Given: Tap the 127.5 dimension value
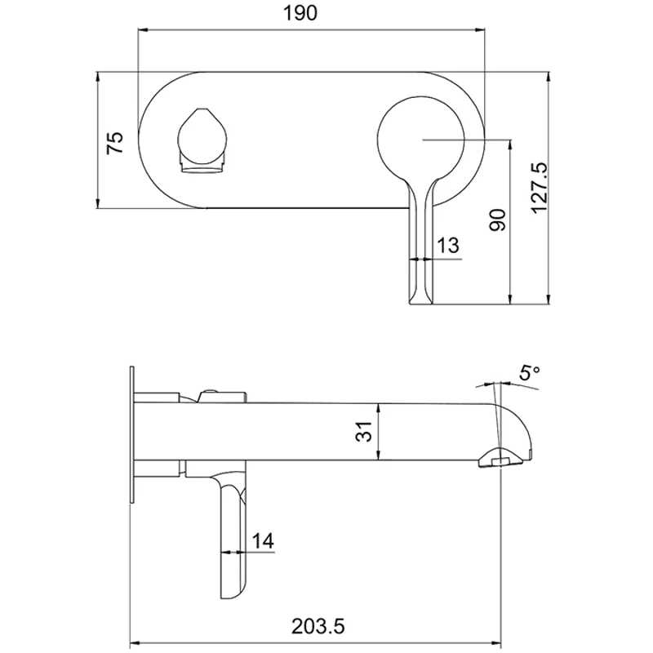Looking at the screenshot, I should click(x=539, y=187).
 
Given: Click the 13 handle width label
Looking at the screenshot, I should click(x=448, y=245).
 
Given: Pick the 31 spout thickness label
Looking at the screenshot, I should click(x=368, y=431).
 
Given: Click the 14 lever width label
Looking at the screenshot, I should click(x=262, y=540).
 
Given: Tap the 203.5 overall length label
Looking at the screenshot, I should click(x=318, y=626).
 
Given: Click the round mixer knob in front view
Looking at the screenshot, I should click(x=421, y=140).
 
